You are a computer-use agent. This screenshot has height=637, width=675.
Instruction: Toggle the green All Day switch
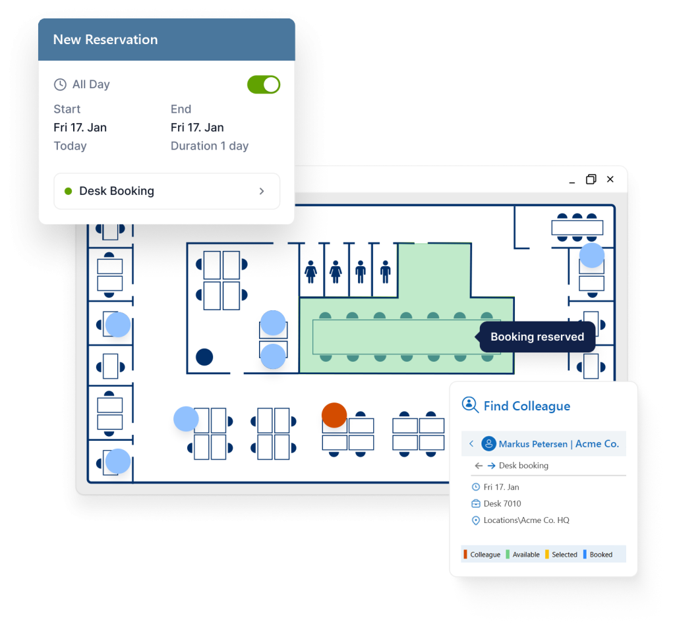264,84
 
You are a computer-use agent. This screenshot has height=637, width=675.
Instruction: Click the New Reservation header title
105,40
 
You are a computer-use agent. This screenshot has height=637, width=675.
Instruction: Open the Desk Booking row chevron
262,191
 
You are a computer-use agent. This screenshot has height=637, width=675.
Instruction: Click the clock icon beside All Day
60,84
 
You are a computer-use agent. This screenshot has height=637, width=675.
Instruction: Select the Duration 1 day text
210,146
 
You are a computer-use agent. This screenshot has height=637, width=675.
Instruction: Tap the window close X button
610,179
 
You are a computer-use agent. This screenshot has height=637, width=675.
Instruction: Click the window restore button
591,179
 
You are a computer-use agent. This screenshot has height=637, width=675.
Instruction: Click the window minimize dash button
572,179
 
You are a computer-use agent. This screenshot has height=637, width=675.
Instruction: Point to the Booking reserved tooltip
537,337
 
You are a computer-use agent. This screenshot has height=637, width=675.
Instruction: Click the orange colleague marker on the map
334,415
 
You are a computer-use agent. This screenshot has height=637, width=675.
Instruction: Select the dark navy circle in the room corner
204,357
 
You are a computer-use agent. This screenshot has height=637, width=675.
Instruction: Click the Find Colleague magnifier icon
470,404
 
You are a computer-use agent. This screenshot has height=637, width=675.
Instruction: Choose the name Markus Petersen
533,444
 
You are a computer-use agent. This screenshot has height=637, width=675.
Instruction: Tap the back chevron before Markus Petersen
471,444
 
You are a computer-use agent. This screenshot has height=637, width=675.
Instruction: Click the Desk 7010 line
502,503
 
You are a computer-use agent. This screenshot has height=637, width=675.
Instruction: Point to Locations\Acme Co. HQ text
526,520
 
